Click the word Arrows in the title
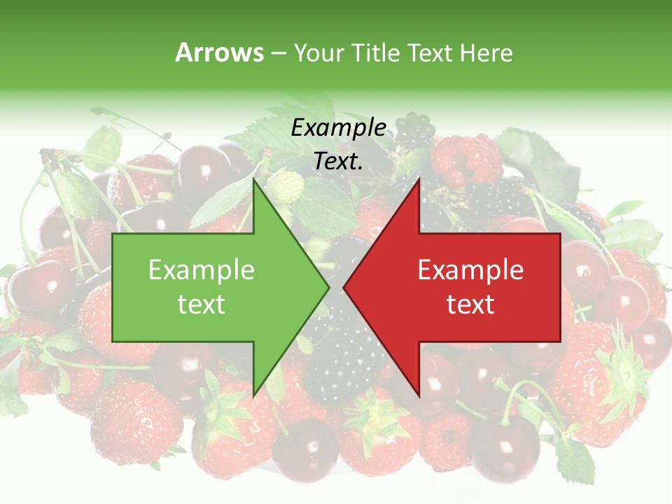[x=219, y=52]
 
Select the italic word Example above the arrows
[x=338, y=127]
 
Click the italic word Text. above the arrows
[x=338, y=162]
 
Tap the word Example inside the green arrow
[x=201, y=269]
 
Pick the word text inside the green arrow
[x=201, y=304]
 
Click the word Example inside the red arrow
[x=470, y=269]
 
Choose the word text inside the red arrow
[x=470, y=304]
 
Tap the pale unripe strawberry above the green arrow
[x=286, y=186]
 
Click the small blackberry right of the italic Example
[x=416, y=129]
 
